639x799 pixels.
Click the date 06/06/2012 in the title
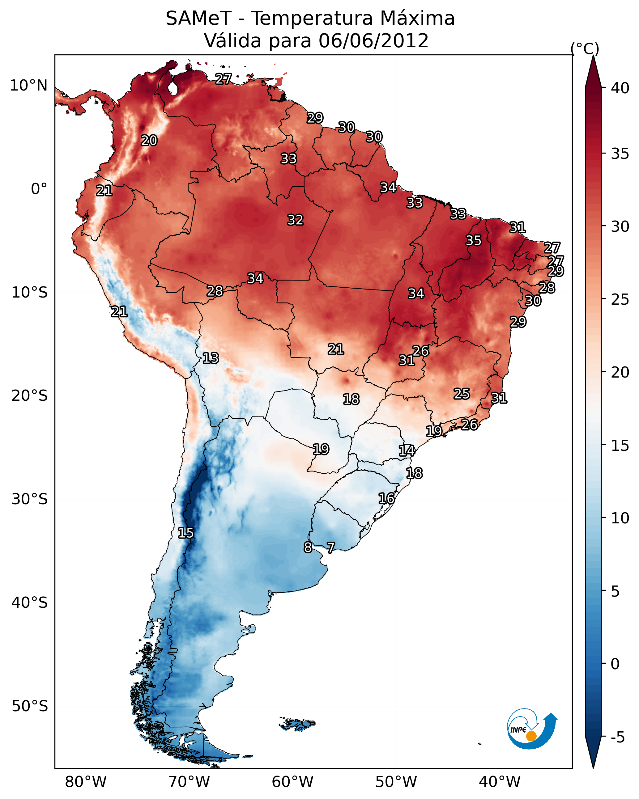(x=373, y=41)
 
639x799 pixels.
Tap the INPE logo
(x=531, y=730)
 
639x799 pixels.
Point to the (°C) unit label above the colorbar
(x=585, y=49)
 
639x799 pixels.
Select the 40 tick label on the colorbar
(x=620, y=88)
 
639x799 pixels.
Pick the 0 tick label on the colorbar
(x=615, y=664)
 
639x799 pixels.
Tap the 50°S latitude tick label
(x=30, y=706)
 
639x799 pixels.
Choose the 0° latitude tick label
(x=39, y=189)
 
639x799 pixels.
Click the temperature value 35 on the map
(x=474, y=240)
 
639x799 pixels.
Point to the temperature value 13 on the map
(x=211, y=358)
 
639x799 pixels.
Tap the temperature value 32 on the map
(x=296, y=220)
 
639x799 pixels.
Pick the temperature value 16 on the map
(x=386, y=498)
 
